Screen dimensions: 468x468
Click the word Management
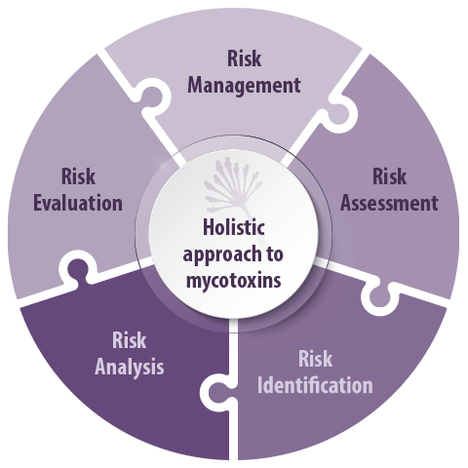pyautogui.click(x=244, y=86)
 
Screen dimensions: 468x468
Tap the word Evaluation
pyautogui.click(x=78, y=203)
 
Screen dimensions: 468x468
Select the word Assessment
pyautogui.click(x=389, y=203)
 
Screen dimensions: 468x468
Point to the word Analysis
pyautogui.click(x=129, y=368)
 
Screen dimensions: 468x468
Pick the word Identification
pyautogui.click(x=315, y=385)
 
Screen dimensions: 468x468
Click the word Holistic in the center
pyautogui.click(x=233, y=227)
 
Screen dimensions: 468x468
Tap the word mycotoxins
pyautogui.click(x=233, y=280)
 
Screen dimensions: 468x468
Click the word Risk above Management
pyautogui.click(x=244, y=58)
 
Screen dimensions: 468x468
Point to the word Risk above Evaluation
pyautogui.click(x=78, y=176)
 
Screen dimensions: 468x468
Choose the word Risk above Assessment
pyautogui.click(x=389, y=176)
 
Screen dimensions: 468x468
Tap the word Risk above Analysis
pyautogui.click(x=129, y=340)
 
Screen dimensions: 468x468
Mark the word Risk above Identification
pyautogui.click(x=315, y=359)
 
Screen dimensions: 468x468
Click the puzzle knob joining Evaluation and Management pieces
pyautogui.click(x=150, y=97)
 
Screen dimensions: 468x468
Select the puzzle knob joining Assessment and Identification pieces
pyautogui.click(x=379, y=295)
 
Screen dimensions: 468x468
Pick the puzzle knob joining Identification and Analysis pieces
pyautogui.click(x=218, y=392)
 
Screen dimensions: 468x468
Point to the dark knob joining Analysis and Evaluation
pyautogui.click(x=77, y=270)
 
